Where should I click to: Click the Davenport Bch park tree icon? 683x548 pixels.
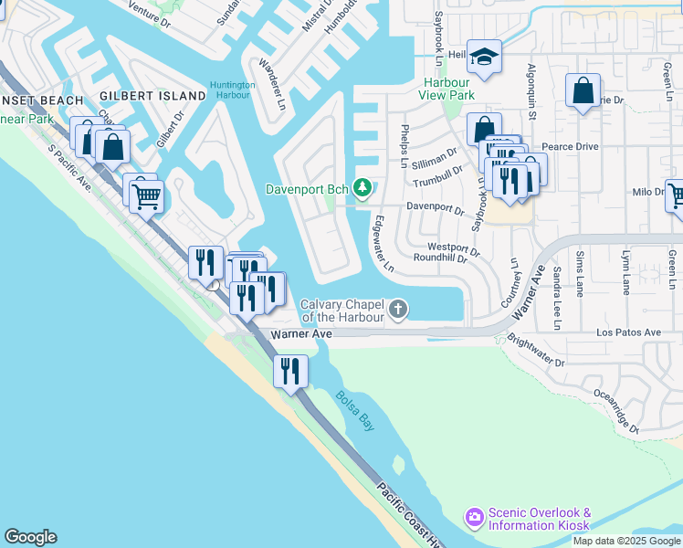[363, 188]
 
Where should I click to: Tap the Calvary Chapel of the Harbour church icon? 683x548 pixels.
[397, 310]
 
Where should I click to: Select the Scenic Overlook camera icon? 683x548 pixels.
[474, 518]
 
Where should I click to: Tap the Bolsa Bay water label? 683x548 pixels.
[354, 412]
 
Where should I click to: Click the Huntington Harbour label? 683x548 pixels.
[232, 89]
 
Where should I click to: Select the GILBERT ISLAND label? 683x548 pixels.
[152, 96]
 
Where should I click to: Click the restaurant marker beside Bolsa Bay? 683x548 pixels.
[291, 372]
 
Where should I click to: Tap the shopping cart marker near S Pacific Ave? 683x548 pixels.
[146, 194]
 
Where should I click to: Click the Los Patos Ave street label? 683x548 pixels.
[628, 332]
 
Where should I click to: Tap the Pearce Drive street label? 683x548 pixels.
[570, 146]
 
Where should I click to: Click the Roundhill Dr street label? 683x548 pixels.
[441, 258]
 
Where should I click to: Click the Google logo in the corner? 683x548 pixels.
[30, 537]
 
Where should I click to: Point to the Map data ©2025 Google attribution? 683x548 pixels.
[626, 541]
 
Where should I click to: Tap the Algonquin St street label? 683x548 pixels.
[531, 87]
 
